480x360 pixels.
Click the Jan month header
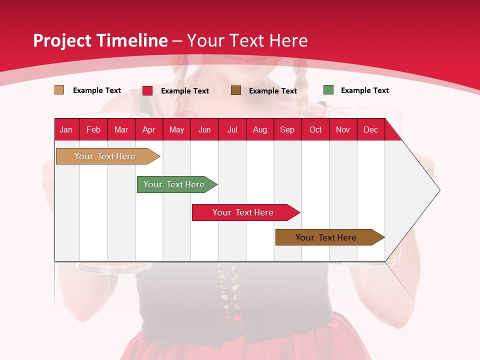point(66,129)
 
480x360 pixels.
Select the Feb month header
point(93,129)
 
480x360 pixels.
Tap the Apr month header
point(148,129)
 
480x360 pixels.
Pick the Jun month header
point(204,129)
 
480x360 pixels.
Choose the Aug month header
point(259,129)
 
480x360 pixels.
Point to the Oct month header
point(315,129)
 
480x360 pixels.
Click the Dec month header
point(370,129)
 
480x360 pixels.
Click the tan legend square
point(59,90)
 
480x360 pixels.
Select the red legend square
point(147,90)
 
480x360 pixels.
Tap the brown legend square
point(236,90)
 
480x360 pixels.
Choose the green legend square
point(328,90)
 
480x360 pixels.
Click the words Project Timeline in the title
point(100,40)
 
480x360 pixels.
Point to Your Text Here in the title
point(247,40)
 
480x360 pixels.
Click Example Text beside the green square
point(364,90)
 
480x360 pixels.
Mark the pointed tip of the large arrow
point(439,190)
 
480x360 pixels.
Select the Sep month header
point(287,129)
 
